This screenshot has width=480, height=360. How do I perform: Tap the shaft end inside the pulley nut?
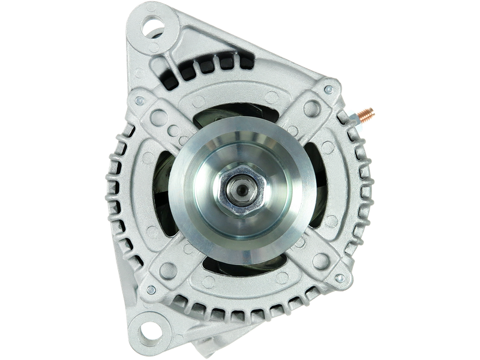click(x=241, y=191)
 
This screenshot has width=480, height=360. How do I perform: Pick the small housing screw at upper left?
click(x=139, y=100)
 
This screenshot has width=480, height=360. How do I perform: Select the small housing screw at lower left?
click(x=151, y=289)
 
